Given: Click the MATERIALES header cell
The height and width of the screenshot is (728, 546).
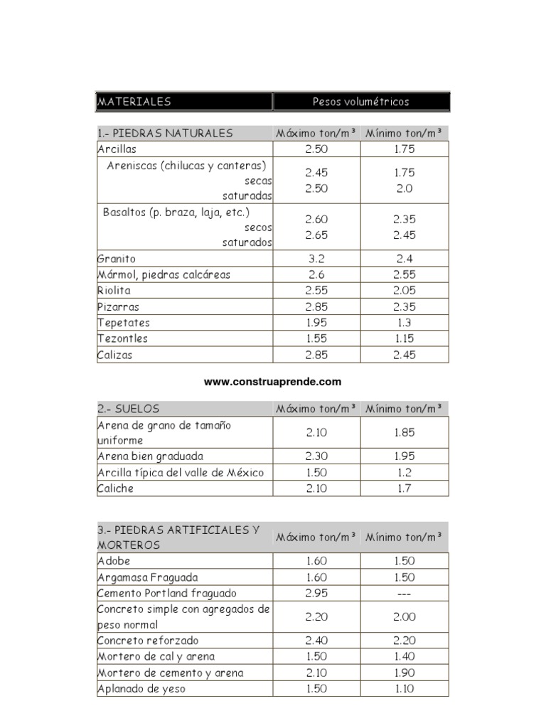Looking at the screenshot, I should pos(134,102).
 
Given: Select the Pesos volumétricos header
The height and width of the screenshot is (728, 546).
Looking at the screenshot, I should pos(361,102).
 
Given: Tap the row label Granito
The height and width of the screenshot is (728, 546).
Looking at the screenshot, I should pos(117,259).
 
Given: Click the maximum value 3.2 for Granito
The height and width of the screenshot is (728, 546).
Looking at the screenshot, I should pos(316,259).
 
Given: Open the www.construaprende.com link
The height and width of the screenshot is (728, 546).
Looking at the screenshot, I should pos(273,382).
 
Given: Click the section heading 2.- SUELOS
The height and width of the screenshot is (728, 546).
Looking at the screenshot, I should pos(129,409).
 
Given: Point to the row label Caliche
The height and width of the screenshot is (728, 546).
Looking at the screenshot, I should pos(116,488).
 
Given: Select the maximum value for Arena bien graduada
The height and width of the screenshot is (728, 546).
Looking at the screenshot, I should pos(316,456).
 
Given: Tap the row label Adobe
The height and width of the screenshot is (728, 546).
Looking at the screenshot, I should pos(114,561).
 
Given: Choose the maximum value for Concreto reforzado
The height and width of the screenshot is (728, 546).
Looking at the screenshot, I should pos(316,640).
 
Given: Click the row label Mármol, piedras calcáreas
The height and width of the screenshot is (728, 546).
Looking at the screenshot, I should pos(164,274).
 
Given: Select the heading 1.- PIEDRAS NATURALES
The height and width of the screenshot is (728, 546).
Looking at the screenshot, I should pos(165,133).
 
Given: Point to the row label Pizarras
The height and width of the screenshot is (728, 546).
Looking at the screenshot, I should pos(119,307).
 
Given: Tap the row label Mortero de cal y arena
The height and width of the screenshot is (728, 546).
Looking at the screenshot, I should pos(156,656).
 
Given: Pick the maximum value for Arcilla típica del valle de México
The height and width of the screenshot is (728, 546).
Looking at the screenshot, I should pos(316,473).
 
